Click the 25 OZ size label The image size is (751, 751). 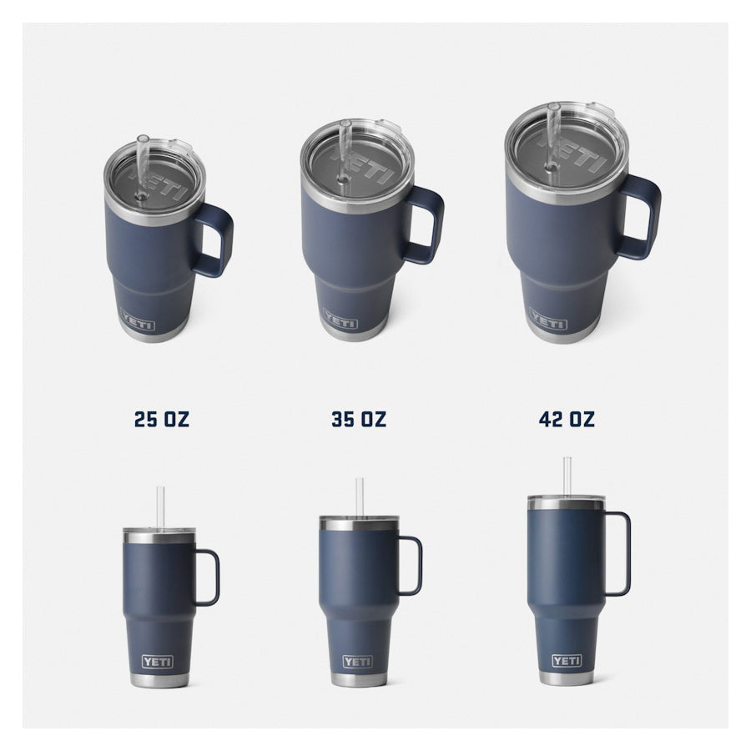point(162,419)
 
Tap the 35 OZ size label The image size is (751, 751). point(359,419)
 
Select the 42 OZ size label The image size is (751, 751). point(567,419)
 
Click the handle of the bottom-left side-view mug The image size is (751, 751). point(216,577)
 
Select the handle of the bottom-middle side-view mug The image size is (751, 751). point(420,565)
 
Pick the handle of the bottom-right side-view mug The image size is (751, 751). point(628,553)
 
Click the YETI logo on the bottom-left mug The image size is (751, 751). point(157,662)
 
